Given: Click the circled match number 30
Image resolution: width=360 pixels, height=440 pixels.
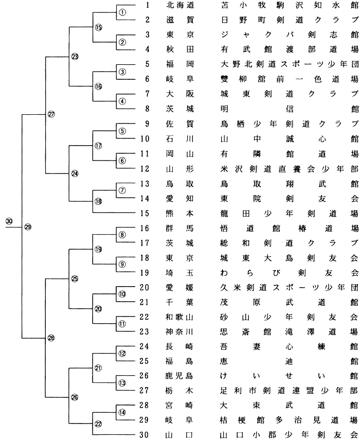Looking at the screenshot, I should pyautogui.click(x=9, y=221).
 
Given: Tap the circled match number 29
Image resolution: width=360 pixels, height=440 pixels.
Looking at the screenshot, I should pyautogui.click(x=28, y=227).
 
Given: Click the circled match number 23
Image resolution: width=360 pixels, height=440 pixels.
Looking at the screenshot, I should pyautogui.click(x=75, y=57).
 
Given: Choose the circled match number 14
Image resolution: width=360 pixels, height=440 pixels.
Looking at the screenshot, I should pyautogui.click(x=122, y=412).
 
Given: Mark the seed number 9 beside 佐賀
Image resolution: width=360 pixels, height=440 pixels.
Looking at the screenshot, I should pyautogui.click(x=146, y=124).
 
